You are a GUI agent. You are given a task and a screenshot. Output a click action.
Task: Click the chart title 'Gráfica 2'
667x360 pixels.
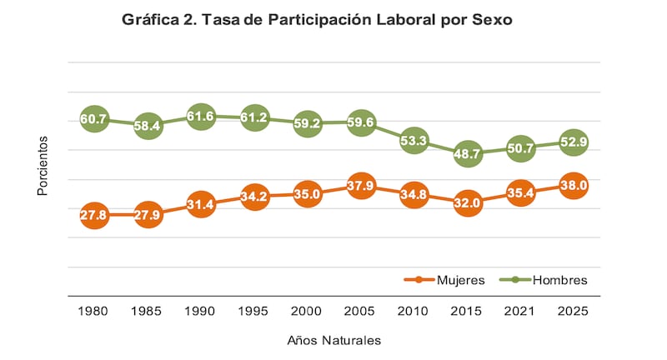point(316,20)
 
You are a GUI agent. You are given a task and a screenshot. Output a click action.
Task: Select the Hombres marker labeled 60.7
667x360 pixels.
point(94,119)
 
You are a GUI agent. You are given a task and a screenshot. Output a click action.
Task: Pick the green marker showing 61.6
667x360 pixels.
point(201,117)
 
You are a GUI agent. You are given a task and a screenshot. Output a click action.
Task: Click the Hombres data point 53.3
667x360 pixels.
point(414,141)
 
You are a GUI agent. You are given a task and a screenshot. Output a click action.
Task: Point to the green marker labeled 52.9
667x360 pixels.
point(574,142)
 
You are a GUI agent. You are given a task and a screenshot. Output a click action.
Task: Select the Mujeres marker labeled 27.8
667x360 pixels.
point(94,215)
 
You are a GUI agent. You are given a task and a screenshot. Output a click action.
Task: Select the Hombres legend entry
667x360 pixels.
point(546,280)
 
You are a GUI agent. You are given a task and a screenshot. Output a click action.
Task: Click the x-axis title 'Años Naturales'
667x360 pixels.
point(333,340)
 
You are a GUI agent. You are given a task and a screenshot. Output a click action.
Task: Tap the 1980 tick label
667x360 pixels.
point(94,311)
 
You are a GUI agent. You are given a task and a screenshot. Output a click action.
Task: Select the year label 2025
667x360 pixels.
point(574,311)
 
